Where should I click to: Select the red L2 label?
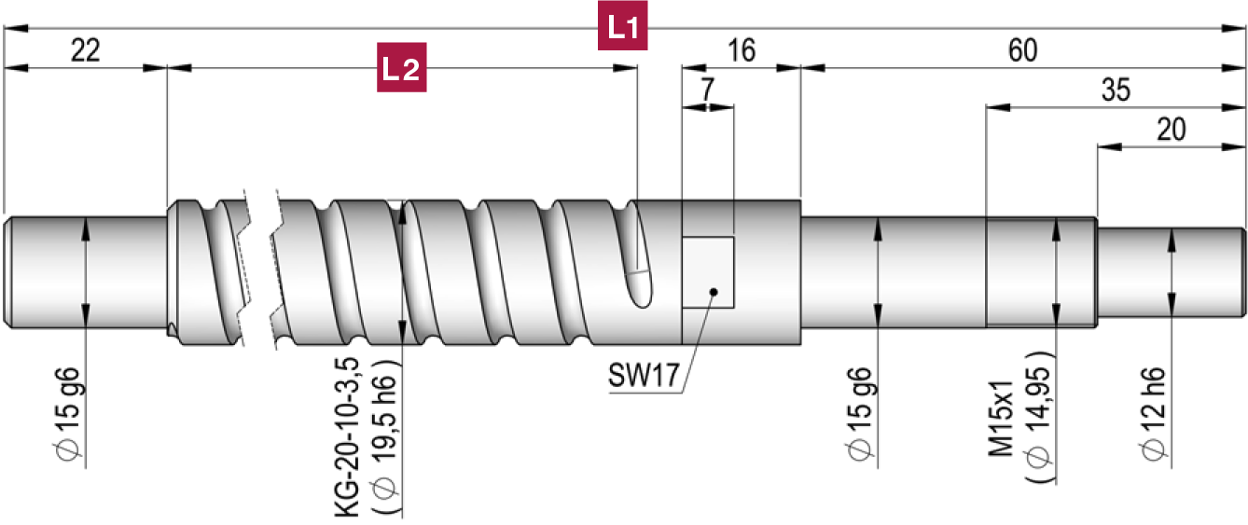[x=401, y=68]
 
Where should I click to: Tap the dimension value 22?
[x=85, y=50]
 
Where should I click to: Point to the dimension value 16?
[x=742, y=50]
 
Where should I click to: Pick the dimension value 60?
[x=1023, y=50]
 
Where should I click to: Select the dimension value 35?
[x=1116, y=90]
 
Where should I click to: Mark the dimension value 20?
[x=1171, y=130]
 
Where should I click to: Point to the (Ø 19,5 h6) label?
[x=387, y=435]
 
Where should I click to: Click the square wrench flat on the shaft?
[x=709, y=271]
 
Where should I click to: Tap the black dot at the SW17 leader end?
[x=713, y=292]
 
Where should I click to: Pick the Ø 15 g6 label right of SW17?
[x=860, y=411]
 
